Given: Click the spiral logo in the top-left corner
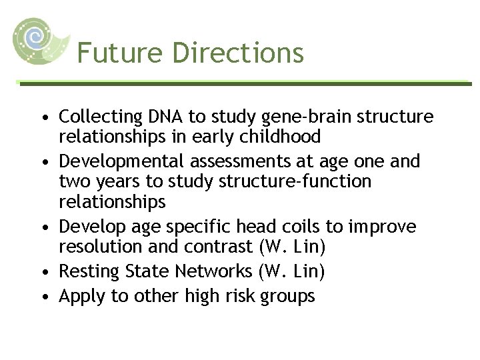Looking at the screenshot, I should (x=41, y=40).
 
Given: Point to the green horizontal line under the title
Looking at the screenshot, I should (x=244, y=83).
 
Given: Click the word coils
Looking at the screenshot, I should (x=309, y=227).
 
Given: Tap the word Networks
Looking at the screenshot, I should (x=200, y=271).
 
